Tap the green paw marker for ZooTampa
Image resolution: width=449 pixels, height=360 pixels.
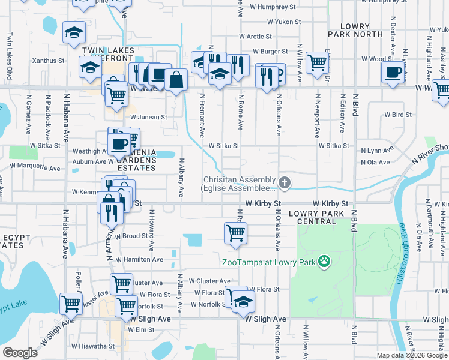[x=324, y=261]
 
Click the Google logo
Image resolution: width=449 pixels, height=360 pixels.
[x=20, y=353]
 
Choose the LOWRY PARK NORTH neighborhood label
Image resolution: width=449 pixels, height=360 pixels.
[x=361, y=30]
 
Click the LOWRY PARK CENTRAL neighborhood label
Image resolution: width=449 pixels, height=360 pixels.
[x=312, y=217]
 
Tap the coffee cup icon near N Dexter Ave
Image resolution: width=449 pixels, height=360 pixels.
[x=393, y=73]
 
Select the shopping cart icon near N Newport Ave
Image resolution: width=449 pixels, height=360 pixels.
[x=317, y=62]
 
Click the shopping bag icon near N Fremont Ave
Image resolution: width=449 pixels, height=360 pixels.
[x=176, y=80]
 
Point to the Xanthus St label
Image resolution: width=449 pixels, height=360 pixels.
[x=49, y=61]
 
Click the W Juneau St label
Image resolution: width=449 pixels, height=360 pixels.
[x=148, y=118]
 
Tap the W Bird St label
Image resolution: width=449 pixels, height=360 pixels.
[x=398, y=114]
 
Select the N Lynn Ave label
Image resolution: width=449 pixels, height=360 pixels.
[x=376, y=151]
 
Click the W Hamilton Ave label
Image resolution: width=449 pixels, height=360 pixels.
[x=139, y=259]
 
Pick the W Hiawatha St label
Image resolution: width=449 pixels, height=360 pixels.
[x=93, y=346]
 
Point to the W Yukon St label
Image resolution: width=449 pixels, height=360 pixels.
[x=284, y=22]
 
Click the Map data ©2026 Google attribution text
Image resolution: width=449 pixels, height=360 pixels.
[x=411, y=355]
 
